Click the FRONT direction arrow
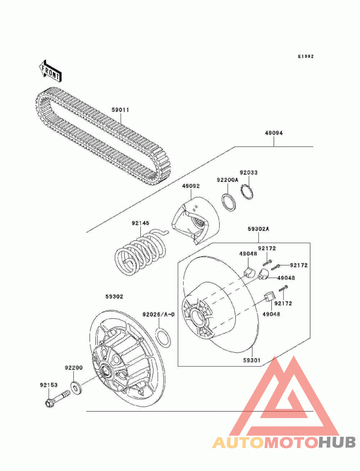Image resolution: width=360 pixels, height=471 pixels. [x=50, y=71]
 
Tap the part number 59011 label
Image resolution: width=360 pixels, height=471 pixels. [x=121, y=110]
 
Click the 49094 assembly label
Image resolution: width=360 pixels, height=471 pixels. [x=274, y=133]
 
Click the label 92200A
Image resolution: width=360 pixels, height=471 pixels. [x=227, y=180]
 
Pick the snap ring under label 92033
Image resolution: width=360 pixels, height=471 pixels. [x=247, y=192]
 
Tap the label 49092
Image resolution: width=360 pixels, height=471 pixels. [x=191, y=186]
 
